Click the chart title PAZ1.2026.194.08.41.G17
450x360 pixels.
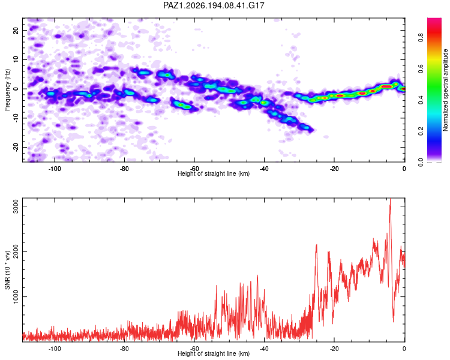pos(214,5)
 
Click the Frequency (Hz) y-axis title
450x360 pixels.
pos(7,90)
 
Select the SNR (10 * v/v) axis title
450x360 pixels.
pos(7,270)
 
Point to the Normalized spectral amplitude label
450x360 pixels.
pos(445,90)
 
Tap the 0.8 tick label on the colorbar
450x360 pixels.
pos(421,37)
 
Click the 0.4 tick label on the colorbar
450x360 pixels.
pos(421,100)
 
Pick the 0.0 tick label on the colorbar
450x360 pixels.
pos(421,162)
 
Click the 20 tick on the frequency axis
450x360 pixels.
pos(16,30)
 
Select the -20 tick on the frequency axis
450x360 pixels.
pos(16,147)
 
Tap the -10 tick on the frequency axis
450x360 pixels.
pos(16,118)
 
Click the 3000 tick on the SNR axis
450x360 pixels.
pos(16,206)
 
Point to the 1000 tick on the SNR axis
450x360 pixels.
pos(16,296)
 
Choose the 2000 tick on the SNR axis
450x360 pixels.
pos(16,251)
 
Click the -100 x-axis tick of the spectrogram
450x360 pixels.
pos(55,169)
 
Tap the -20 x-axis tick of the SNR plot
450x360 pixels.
pos(334,349)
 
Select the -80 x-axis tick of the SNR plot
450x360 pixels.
pos(124,349)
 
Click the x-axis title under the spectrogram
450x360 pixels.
pos(214,173)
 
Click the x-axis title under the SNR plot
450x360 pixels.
pos(214,353)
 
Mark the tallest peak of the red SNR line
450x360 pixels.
pos(390,199)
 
